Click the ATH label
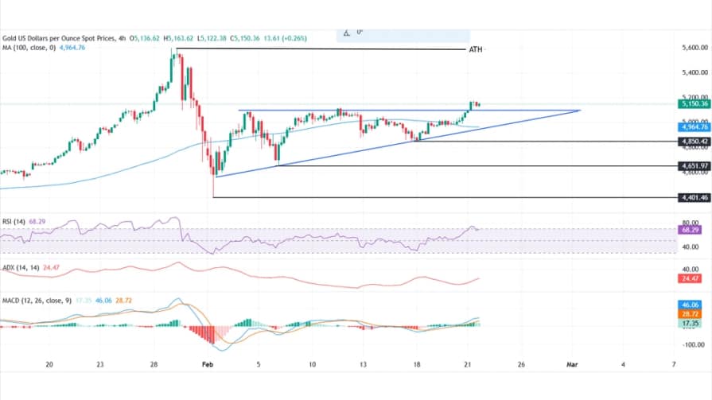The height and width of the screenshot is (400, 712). click(475, 49)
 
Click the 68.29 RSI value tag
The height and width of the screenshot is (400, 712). click(689, 229)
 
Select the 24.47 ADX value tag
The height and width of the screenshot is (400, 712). click(689, 279)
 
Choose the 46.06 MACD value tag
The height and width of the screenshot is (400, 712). click(689, 305)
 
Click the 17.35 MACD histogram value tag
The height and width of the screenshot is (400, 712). click(689, 324)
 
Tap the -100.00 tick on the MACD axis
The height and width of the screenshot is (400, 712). click(693, 344)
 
